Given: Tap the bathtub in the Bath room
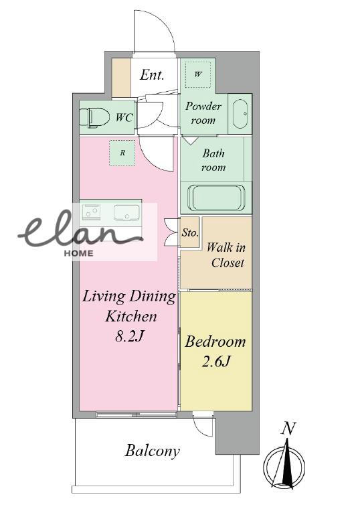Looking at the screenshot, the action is point(216,198).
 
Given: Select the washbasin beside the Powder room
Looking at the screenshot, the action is point(240,114).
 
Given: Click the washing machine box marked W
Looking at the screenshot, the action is point(198,74).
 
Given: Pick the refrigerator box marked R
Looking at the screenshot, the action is point(122,153).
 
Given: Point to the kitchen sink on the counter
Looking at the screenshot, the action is point(126,213).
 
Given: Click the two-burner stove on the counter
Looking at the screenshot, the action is point(91,211).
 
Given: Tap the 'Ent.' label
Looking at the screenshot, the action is point(152,75).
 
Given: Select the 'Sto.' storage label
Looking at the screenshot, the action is point(190,232).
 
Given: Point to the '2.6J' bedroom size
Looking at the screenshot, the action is point(216,362).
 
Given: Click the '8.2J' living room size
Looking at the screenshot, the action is point(129,336).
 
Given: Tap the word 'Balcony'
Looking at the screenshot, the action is point(153,451).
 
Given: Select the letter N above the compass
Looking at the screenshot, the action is point(288,429).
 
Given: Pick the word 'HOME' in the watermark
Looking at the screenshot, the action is point(78,253).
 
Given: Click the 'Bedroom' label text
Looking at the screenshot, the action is point(215,342).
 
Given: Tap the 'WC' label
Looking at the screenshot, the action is point(124,117).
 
